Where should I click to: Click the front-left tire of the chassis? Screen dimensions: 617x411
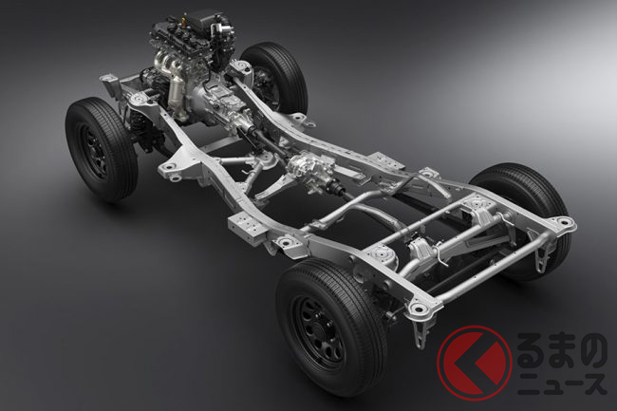(x=101, y=149)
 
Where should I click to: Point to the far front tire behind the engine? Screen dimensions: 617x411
(x=275, y=78)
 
